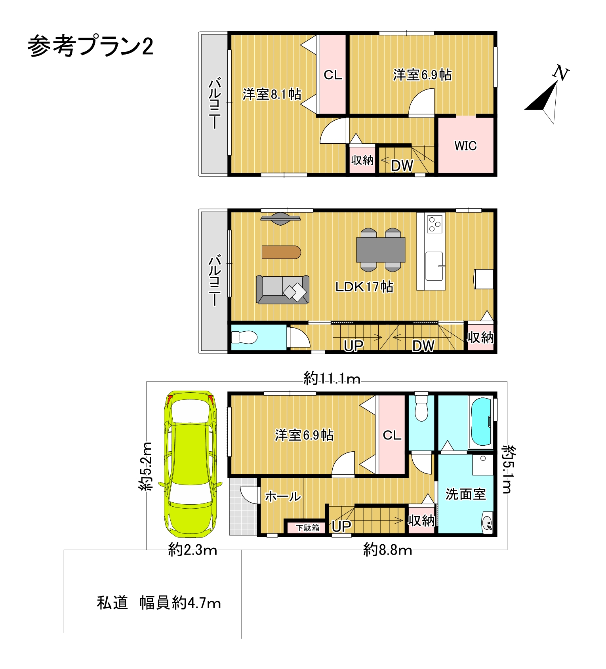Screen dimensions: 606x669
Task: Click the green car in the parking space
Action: (x=191, y=464)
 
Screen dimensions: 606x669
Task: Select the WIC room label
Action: (x=465, y=146)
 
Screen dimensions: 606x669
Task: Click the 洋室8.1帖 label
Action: (x=272, y=94)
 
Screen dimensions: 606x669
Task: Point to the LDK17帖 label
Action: (x=364, y=286)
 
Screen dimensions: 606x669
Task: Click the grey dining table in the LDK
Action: (x=381, y=250)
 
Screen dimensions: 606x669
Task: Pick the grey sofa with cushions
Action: (x=282, y=290)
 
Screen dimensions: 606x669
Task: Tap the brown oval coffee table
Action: (x=281, y=252)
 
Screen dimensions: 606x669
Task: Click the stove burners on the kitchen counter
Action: (x=435, y=224)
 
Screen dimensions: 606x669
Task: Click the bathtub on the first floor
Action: (x=480, y=422)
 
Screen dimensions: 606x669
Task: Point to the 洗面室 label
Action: (x=465, y=494)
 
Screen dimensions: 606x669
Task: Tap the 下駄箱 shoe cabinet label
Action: (x=308, y=528)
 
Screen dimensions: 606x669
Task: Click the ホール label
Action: (x=283, y=496)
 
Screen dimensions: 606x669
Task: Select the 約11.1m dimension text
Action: (x=332, y=379)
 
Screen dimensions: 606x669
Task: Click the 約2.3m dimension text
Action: (x=193, y=550)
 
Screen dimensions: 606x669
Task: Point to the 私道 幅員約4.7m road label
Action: (x=159, y=603)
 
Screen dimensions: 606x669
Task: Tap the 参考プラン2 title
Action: (x=90, y=46)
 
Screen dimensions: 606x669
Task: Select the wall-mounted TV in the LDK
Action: (x=280, y=219)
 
